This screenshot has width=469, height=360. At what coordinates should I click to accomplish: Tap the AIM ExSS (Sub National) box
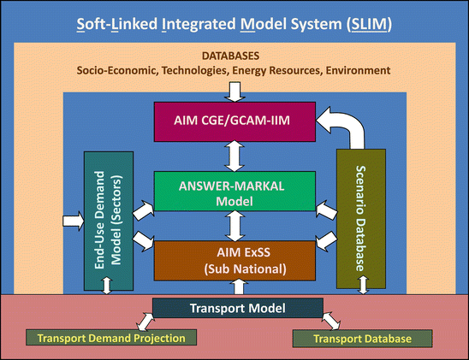pyautogui.click(x=234, y=260)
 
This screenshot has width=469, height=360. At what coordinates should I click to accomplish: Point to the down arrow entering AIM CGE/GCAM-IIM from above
pyautogui.click(x=234, y=90)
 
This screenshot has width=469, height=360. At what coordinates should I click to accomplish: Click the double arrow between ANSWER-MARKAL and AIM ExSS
pyautogui.click(x=234, y=226)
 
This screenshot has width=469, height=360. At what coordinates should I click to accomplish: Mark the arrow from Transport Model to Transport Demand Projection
pyautogui.click(x=141, y=322)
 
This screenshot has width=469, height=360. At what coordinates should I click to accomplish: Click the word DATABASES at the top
pyautogui.click(x=234, y=54)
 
